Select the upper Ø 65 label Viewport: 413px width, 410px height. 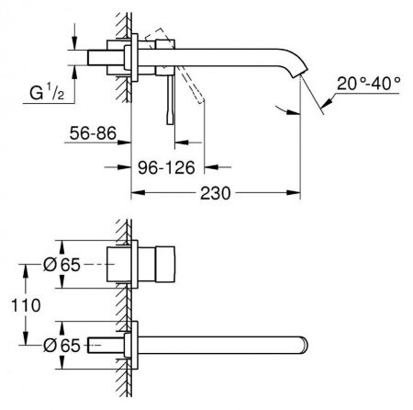click(x=61, y=264)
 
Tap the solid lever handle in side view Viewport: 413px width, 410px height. click(x=169, y=101)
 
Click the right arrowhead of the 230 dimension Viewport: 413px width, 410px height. click(x=298, y=195)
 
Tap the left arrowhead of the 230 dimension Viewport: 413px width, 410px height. click(x=139, y=195)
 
